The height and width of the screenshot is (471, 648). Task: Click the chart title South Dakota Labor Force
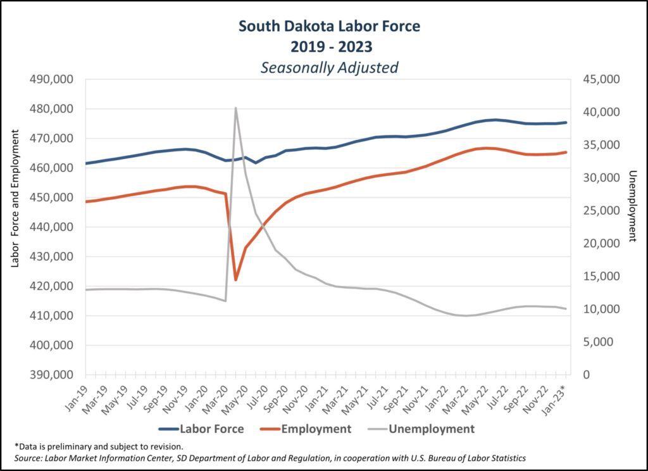pos(329,27)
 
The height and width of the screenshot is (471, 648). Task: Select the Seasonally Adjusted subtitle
pos(329,67)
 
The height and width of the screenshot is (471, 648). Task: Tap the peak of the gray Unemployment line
pos(235,108)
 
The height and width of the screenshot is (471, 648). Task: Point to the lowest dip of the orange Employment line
pos(235,279)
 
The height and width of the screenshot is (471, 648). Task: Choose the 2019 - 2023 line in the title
pos(329,46)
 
